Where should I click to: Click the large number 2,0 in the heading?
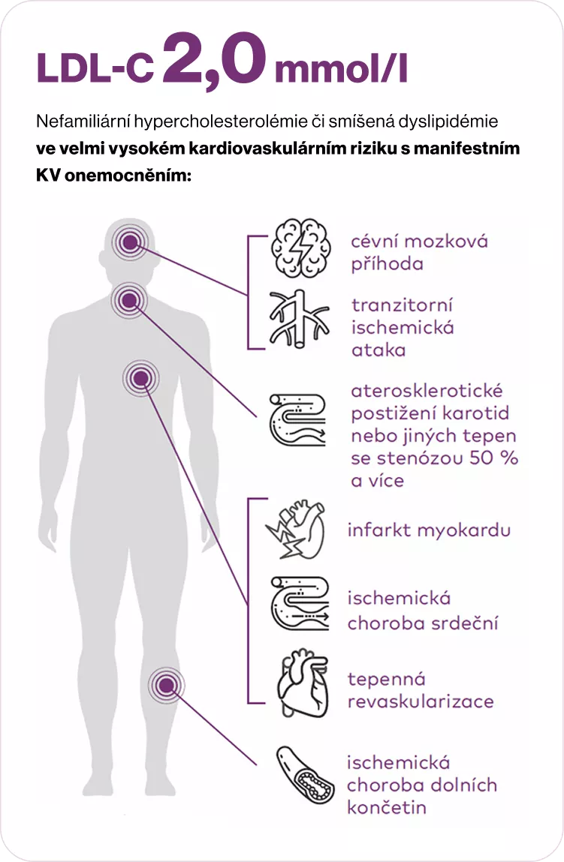(213, 62)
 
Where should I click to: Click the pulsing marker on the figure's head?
(128, 242)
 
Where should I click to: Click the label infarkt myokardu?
(429, 530)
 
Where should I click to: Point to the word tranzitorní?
(401, 306)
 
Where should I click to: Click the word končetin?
(386, 807)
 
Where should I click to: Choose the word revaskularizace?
(420, 701)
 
